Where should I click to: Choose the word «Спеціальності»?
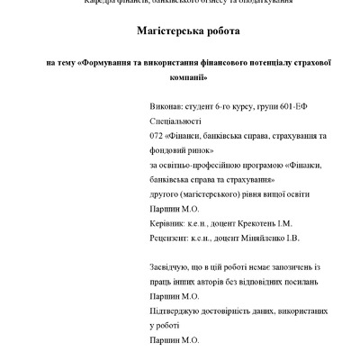(x=175, y=120)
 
